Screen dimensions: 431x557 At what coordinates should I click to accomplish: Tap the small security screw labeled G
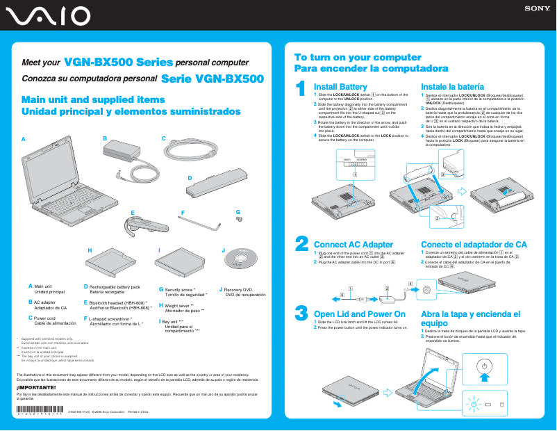click(240, 219)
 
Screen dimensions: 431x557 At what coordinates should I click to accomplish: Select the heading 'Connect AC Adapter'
click(353, 245)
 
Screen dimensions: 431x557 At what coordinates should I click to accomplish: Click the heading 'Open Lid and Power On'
click(359, 314)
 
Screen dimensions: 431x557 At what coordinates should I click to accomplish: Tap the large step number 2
click(301, 243)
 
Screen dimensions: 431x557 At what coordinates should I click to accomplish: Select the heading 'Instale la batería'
click(456, 86)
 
